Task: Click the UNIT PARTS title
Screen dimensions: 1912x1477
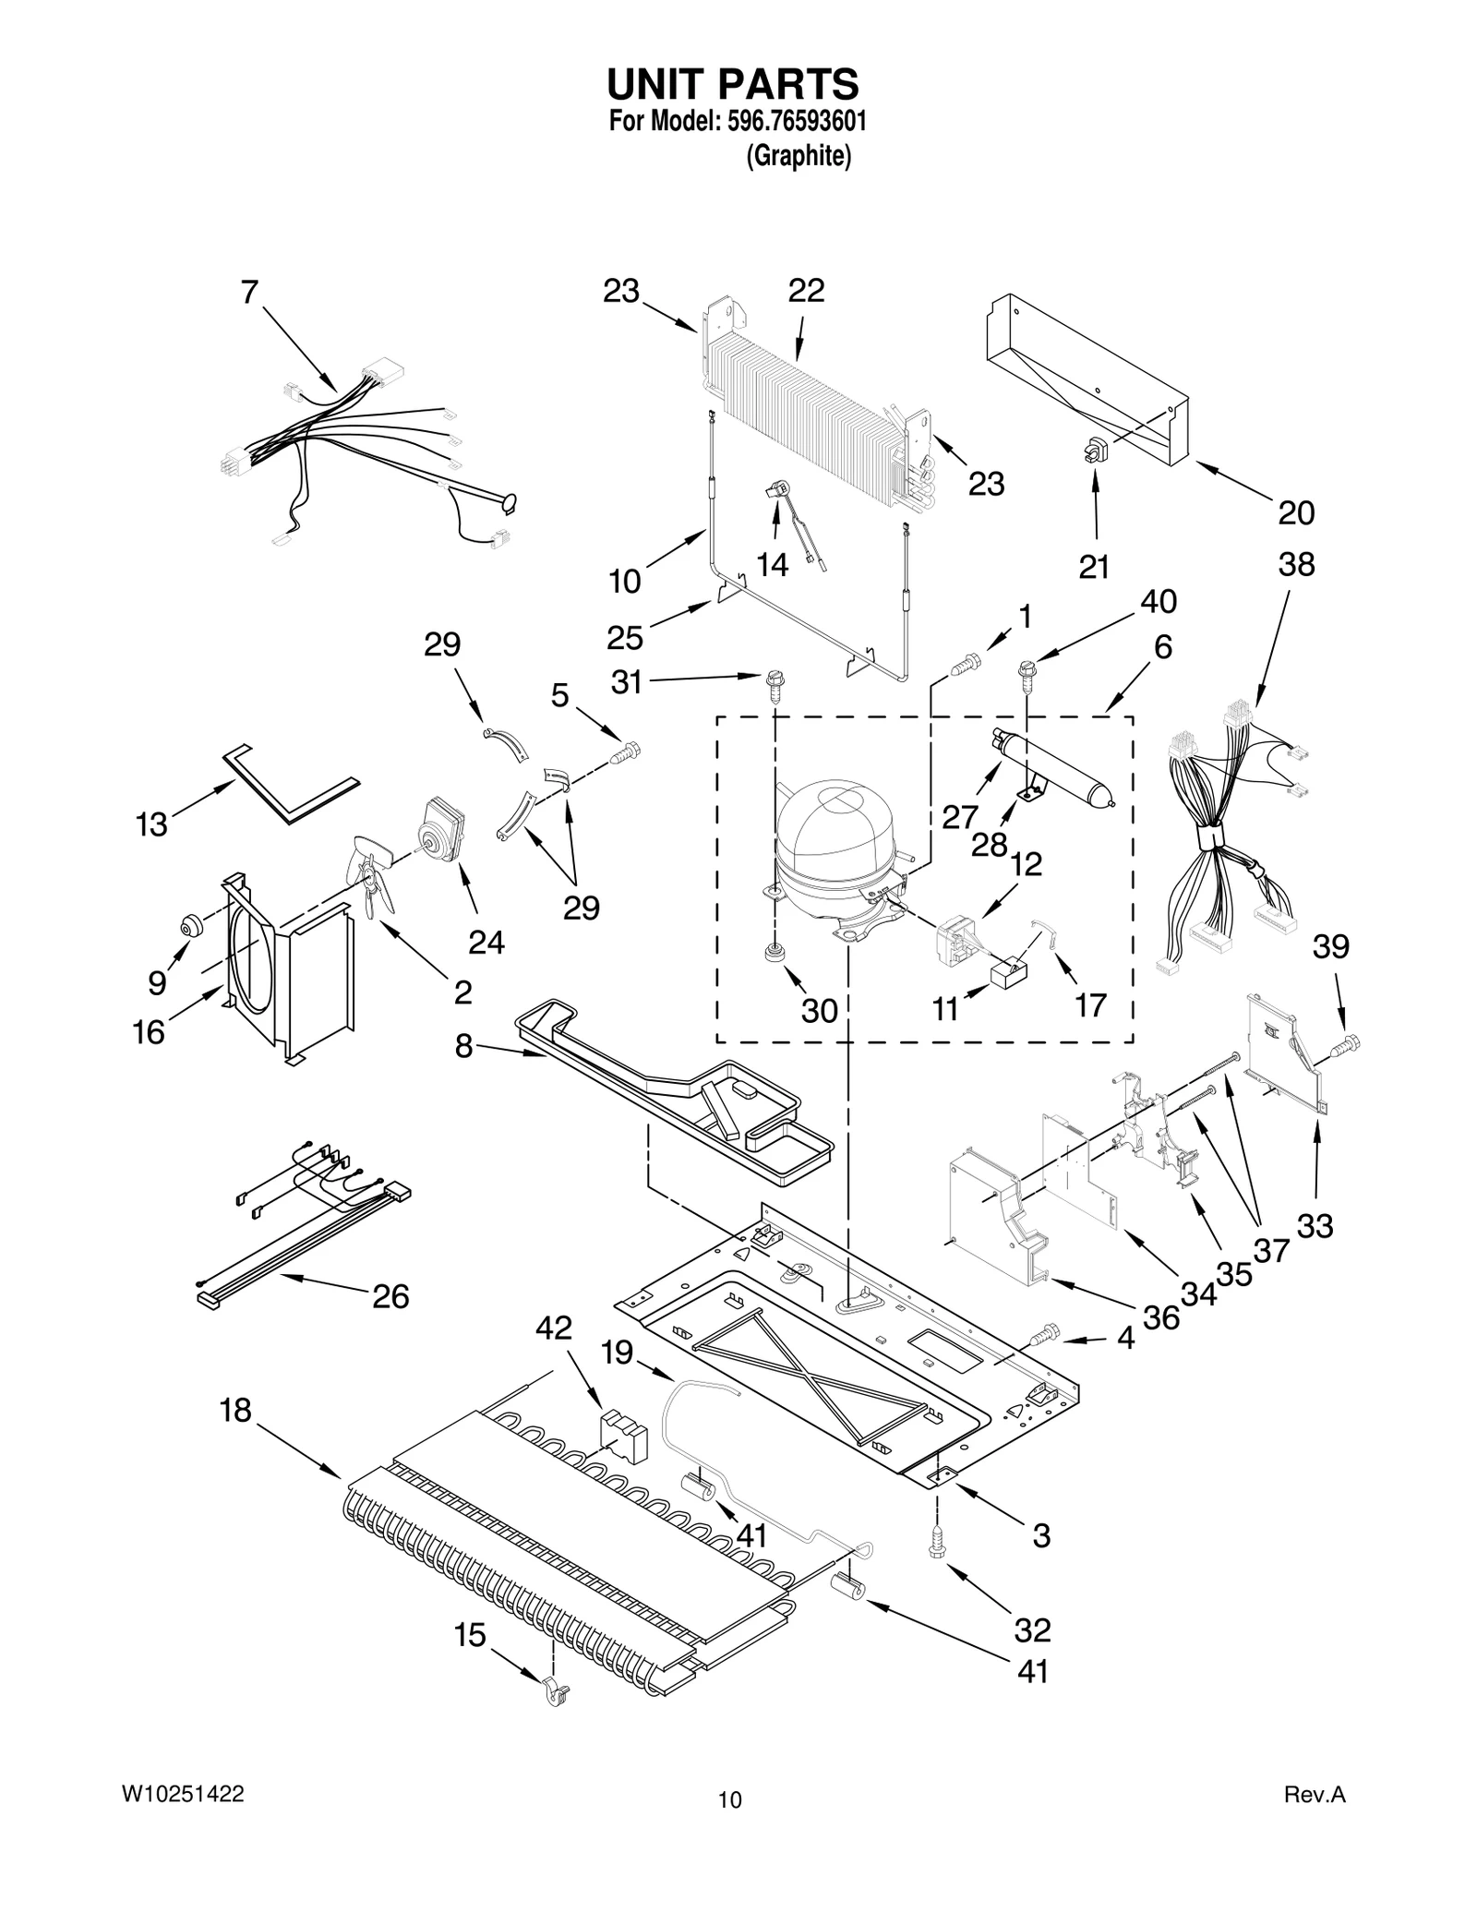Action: (x=732, y=84)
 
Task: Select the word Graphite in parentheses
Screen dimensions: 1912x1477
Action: (x=798, y=156)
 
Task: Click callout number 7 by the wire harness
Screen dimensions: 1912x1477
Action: (x=249, y=293)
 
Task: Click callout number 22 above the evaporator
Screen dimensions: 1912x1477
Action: (x=806, y=291)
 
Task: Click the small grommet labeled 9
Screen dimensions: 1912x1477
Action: (x=192, y=924)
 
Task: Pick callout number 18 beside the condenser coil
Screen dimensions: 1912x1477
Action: (x=235, y=1411)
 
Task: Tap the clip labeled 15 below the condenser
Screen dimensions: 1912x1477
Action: (x=554, y=1692)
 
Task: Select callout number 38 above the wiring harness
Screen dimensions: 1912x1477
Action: (x=1296, y=564)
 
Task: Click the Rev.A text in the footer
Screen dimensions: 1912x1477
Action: (x=1315, y=1795)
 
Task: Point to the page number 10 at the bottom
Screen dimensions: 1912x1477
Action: (x=730, y=1799)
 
